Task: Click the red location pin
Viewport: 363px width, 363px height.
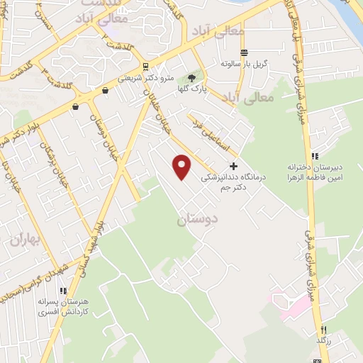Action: [x=183, y=168]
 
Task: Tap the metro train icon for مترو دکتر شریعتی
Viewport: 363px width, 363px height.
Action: [x=146, y=67]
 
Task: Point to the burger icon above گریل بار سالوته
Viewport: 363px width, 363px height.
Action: [x=244, y=52]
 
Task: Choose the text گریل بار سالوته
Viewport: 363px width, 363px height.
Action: [x=244, y=63]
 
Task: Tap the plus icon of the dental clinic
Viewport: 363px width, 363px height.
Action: [x=234, y=165]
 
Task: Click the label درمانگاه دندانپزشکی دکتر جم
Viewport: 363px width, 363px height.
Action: [x=233, y=183]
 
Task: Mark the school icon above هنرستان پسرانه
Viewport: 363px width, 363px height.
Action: [x=63, y=291]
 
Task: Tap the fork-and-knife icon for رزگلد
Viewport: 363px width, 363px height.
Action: [x=323, y=329]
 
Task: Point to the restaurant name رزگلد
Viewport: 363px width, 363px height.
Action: [x=324, y=341]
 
